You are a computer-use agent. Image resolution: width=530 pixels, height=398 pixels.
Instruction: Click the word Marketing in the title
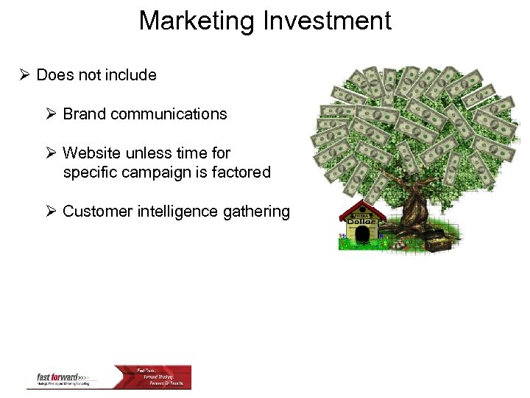[197, 21]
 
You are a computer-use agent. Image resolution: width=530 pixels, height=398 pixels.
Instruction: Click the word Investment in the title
[325, 21]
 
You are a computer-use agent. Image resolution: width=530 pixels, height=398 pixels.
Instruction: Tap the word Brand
[83, 114]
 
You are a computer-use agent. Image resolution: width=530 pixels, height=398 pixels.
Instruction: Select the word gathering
[257, 212]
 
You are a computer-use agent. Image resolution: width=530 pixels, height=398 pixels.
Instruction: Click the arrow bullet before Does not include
[25, 75]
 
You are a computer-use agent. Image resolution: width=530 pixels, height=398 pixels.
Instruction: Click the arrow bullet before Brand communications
[52, 114]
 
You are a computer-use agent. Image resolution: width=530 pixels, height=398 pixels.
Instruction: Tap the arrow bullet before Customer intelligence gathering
[52, 212]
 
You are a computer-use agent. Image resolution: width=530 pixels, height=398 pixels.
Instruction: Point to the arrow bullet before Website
[52, 153]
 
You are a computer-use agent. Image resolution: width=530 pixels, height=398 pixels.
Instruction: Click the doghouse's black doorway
[362, 235]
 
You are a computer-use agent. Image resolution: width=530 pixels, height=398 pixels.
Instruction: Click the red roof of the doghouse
[361, 209]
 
